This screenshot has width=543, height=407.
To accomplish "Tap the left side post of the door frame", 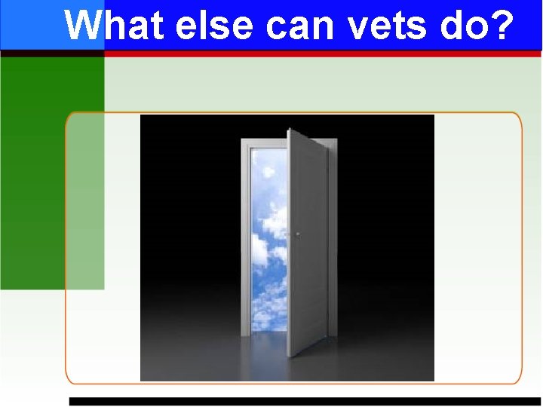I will point(245,241).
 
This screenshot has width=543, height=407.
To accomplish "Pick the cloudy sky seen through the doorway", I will point(267,241).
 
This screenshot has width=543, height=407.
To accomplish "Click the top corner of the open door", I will point(290,131).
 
